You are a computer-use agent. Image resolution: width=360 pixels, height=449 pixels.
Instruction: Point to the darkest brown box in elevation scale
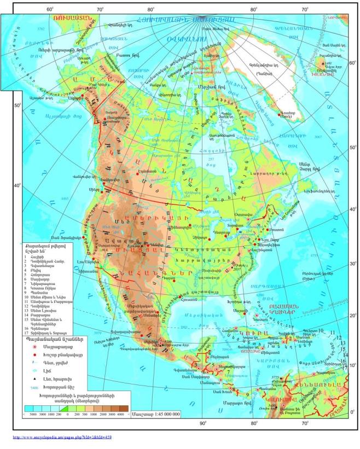point(124,408)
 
